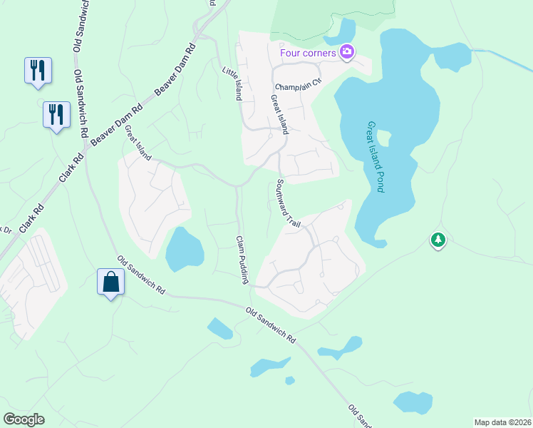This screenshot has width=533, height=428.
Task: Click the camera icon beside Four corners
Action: click(347, 51)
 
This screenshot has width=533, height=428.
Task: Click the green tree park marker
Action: click(438, 240)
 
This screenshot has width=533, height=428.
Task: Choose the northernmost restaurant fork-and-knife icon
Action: click(38, 70)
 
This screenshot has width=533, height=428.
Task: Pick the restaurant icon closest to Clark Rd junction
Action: click(56, 114)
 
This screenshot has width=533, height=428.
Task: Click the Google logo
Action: click(24, 419)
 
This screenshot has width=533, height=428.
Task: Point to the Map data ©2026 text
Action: click(502, 422)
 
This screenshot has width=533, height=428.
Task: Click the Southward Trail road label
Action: click(289, 203)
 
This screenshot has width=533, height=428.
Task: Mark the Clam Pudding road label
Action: click(242, 260)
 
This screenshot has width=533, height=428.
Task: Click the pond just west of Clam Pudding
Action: click(184, 249)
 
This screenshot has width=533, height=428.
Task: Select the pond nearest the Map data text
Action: click(413, 402)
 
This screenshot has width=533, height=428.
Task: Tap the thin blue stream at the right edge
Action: click(502, 60)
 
